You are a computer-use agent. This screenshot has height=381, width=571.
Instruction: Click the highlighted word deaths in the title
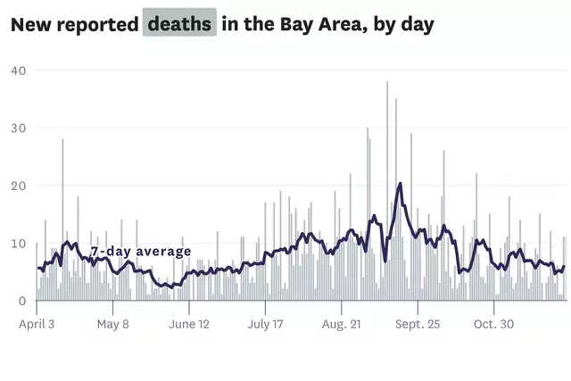tap(179, 23)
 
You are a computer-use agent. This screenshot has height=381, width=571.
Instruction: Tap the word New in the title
tap(31, 24)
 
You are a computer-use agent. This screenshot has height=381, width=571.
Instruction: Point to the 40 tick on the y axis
tap(18, 70)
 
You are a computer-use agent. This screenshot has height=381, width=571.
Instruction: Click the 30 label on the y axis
tap(18, 128)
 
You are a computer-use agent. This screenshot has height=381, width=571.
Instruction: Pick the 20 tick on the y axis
tap(18, 186)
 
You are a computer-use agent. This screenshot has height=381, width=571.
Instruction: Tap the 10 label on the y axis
tap(18, 244)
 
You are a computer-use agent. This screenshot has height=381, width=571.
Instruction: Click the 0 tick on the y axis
tap(22, 301)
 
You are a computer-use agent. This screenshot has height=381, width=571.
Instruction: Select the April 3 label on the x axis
tap(37, 325)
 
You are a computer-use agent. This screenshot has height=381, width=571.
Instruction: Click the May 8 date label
tap(112, 325)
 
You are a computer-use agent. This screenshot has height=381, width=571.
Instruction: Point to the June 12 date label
tap(188, 325)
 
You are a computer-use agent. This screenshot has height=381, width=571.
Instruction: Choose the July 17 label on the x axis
tap(264, 325)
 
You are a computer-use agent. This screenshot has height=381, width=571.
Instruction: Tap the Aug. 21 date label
tap(341, 325)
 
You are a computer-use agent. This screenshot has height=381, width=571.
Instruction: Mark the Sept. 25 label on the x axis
tap(417, 325)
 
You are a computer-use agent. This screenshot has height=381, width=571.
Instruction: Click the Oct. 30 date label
tap(492, 325)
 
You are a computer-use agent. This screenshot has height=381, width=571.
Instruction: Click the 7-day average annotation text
tap(141, 252)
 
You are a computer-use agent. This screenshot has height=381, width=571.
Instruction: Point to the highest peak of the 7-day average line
tap(401, 184)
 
